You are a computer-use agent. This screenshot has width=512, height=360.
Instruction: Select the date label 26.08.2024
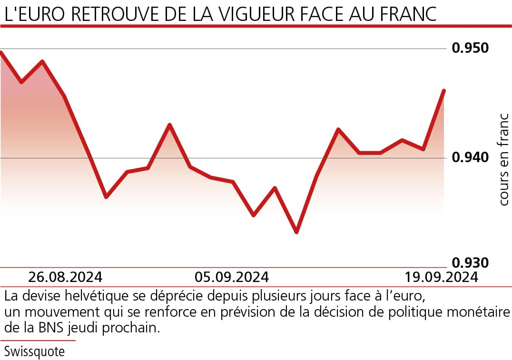point(65,277)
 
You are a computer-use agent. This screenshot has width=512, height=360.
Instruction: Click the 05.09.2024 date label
point(232,277)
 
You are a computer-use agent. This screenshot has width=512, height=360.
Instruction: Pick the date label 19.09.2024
point(442,277)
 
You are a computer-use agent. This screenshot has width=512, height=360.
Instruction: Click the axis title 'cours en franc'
point(504,159)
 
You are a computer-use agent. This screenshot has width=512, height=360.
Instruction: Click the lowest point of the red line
point(296,233)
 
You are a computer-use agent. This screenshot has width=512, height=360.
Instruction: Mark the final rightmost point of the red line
point(444,90)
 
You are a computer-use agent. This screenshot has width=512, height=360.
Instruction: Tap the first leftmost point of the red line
point(1,52)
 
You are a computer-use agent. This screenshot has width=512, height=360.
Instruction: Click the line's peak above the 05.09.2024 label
point(170,125)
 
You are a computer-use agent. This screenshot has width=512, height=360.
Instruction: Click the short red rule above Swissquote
point(38,341)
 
